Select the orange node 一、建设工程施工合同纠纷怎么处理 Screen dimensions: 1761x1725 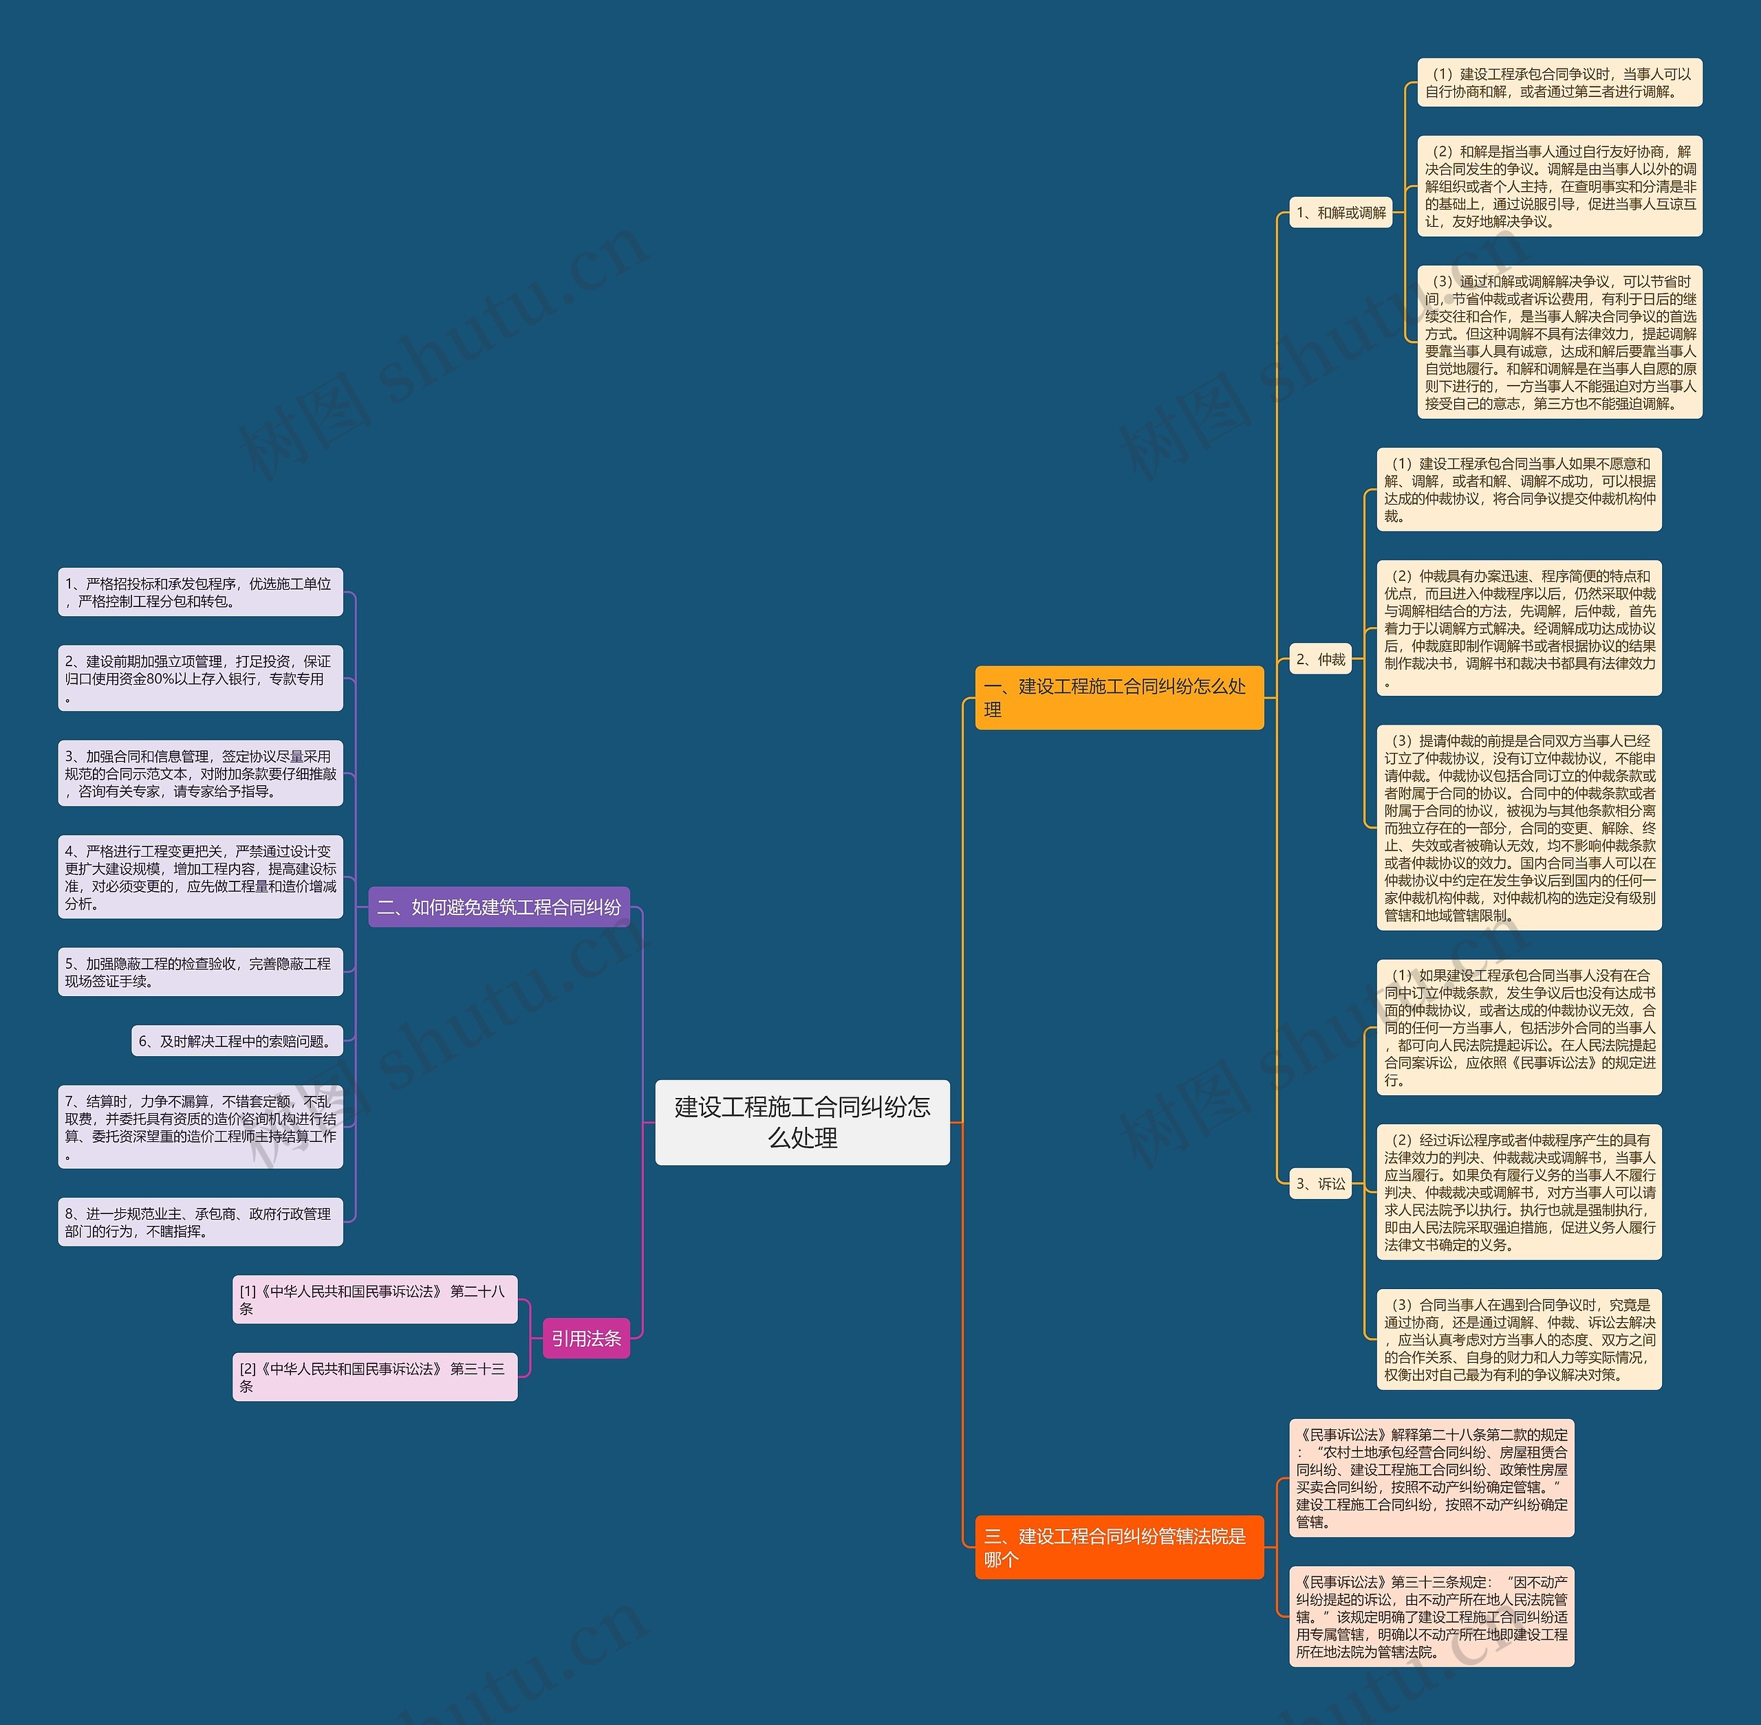coord(1119,698)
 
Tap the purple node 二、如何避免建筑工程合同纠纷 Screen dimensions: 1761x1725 coord(499,907)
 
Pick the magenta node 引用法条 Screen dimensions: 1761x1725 coord(585,1338)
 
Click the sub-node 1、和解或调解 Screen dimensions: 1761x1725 coord(1341,213)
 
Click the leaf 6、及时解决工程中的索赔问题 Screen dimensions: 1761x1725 coord(237,1042)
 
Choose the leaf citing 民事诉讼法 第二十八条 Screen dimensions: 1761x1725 coord(374,1299)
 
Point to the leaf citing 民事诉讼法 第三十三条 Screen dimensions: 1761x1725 coord(374,1377)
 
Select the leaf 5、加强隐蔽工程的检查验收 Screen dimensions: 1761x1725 coord(200,972)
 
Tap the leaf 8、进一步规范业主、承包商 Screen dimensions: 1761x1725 coord(200,1222)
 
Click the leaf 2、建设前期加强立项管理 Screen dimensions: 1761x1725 coord(200,679)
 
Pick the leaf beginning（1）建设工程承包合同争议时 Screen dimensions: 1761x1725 coord(1559,83)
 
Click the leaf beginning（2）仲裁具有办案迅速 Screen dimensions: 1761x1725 coord(1519,628)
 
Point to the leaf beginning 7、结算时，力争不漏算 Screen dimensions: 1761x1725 coord(200,1127)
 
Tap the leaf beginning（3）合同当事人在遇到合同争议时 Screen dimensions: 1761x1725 coord(1519,1339)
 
